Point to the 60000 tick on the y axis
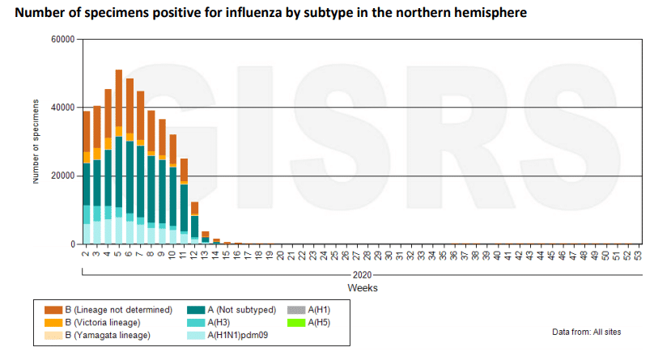62,39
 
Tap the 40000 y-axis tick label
62,108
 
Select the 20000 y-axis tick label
62,176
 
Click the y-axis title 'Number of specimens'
36,142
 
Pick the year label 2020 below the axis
362,275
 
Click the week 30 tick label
390,256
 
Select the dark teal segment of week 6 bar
130,177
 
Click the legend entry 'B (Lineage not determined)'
119,310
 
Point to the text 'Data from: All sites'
592,332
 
